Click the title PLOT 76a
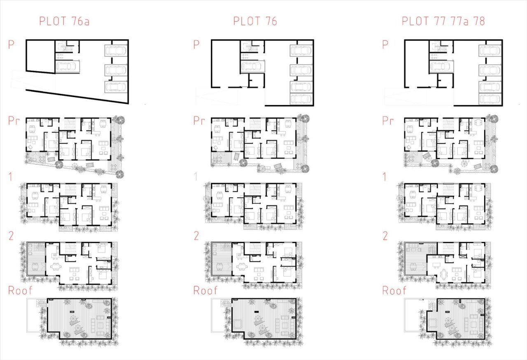click(64, 21)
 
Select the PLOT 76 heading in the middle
click(255, 21)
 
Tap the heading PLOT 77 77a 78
click(443, 21)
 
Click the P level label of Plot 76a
click(12, 45)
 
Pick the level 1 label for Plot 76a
click(11, 177)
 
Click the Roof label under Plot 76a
click(20, 290)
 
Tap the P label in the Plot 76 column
click(197, 45)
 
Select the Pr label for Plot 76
click(200, 121)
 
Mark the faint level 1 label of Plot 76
click(196, 177)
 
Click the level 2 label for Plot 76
click(197, 236)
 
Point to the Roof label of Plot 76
click(205, 290)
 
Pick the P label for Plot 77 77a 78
click(386, 45)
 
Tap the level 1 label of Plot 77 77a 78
click(385, 177)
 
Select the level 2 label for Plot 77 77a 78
click(386, 236)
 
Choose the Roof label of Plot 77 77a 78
click(394, 290)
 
